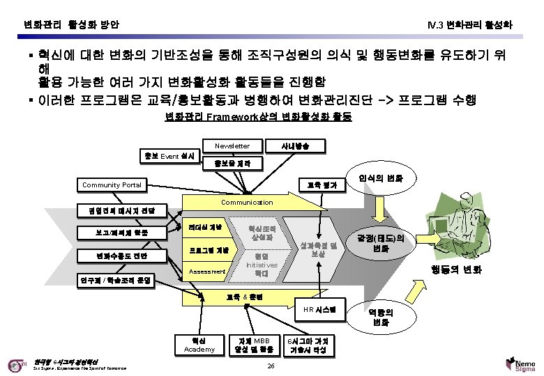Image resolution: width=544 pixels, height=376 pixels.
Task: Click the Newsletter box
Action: pos(232,146)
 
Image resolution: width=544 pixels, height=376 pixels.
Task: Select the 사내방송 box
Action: pos(291,146)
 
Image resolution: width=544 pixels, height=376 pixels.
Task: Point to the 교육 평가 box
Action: pos(322,185)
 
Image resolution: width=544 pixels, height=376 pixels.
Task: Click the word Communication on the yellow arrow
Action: pos(247,202)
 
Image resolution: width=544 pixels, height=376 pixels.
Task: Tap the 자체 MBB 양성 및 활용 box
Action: pos(249,344)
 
